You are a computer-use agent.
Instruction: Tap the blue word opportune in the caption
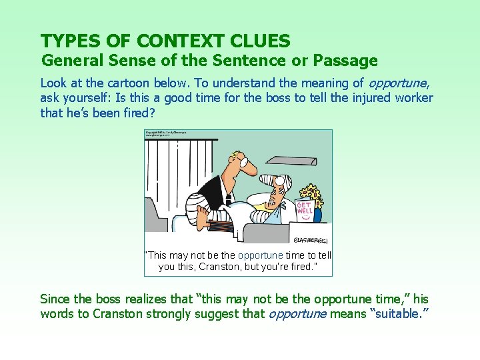260,255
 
